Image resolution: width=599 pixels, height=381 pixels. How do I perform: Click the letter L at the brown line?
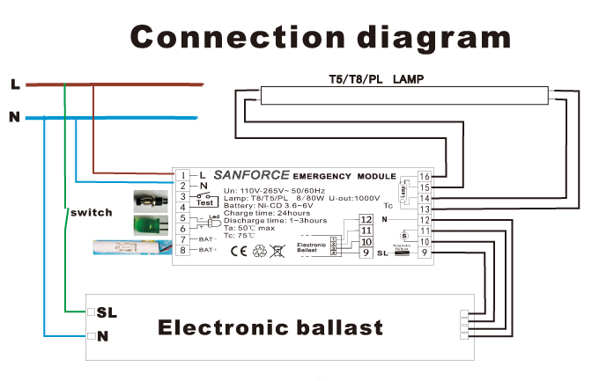tap(15, 84)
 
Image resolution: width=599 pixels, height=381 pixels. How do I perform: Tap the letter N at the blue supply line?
tap(14, 117)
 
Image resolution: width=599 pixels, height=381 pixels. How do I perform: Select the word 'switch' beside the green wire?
tap(90, 214)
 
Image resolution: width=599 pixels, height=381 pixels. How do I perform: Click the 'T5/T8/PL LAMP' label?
tap(371, 79)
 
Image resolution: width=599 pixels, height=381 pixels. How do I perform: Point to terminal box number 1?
tap(182, 175)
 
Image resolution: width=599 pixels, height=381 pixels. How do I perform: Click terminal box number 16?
tap(425, 176)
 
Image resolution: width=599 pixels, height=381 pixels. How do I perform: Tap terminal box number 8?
tap(182, 250)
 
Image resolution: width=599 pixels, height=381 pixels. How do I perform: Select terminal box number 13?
tap(425, 209)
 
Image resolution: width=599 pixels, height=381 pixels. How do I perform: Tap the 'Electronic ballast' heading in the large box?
tap(270, 328)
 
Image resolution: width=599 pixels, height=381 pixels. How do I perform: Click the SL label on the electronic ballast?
tap(107, 312)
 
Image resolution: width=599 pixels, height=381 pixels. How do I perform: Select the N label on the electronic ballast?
tap(103, 335)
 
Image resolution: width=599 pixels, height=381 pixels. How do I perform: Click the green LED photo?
tap(149, 225)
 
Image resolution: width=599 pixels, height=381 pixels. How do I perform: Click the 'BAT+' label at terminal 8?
tap(207, 251)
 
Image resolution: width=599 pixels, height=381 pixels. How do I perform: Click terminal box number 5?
tap(182, 217)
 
